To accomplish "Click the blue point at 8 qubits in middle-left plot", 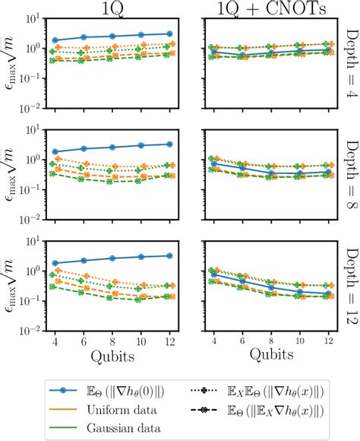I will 112,147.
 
